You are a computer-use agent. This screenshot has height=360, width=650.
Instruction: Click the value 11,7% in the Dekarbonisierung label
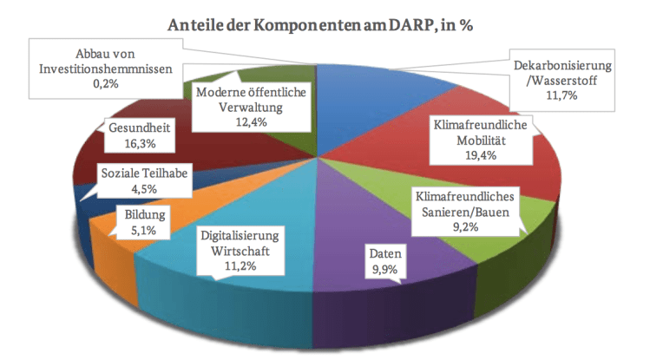click(564, 96)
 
